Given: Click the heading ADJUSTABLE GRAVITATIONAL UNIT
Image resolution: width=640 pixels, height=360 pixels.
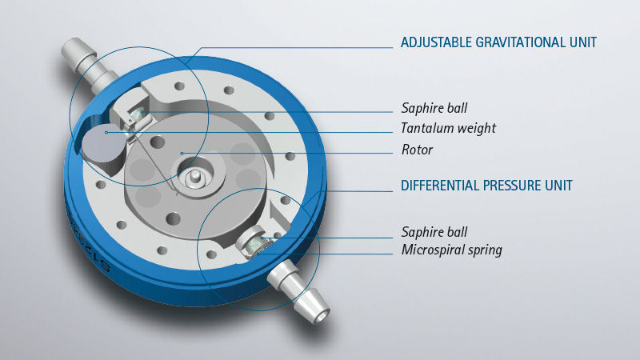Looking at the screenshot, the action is [498, 42].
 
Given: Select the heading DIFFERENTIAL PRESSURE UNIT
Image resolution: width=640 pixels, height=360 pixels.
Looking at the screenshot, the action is [486, 186].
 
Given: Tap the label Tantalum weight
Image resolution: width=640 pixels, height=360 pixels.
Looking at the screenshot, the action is [448, 128].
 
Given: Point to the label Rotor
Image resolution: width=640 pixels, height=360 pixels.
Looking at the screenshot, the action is [417, 150].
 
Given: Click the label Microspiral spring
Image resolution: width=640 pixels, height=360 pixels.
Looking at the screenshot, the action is [451, 250].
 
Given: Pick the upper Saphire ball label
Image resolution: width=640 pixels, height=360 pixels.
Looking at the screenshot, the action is [434, 108].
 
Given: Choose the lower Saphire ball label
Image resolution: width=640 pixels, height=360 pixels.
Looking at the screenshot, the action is [434, 232].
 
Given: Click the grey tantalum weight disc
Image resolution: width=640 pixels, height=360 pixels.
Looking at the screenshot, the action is [104, 143].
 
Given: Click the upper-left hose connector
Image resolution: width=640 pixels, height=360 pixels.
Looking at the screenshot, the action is [89, 65].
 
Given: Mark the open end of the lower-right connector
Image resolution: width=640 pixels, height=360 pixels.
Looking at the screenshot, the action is [322, 316].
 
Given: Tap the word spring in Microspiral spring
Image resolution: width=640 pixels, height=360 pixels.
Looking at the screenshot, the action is [485, 250].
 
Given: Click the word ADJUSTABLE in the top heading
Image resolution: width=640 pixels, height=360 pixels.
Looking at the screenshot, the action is [436, 42].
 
